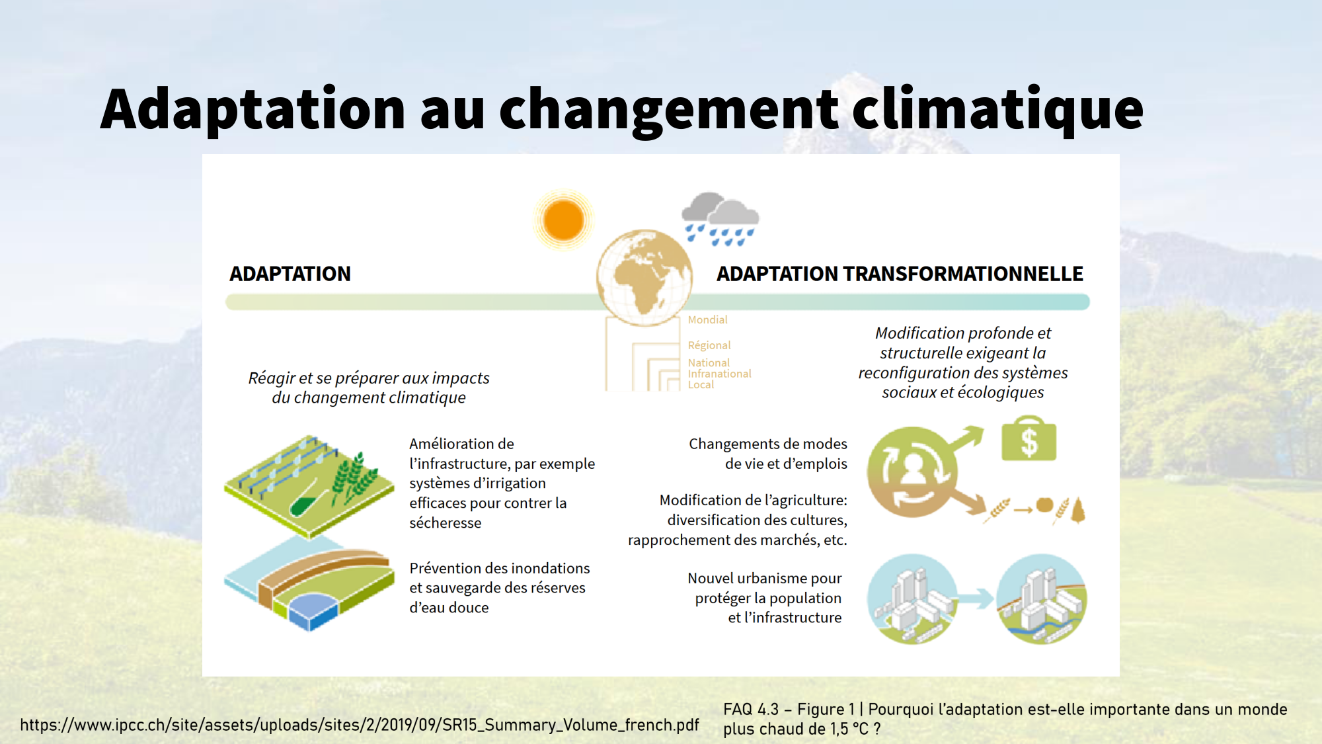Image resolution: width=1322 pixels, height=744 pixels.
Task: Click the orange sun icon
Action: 563,220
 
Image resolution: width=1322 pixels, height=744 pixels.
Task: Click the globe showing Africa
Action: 644,278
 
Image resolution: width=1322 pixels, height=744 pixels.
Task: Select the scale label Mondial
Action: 707,319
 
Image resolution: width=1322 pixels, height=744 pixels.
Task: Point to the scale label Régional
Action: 709,345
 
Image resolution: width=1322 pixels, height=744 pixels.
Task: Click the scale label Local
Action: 701,385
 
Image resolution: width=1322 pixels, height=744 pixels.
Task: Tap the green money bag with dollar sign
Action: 1029,438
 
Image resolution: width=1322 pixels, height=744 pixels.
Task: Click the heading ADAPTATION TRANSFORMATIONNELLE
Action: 900,274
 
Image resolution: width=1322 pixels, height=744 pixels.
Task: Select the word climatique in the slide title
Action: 998,109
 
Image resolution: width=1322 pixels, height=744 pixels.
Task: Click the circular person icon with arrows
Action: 913,472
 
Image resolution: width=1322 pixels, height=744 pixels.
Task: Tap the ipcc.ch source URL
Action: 360,725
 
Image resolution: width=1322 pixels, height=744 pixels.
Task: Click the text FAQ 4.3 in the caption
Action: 751,710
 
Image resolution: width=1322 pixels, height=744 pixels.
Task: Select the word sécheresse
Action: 446,523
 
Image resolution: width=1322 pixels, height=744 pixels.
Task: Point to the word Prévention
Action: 445,568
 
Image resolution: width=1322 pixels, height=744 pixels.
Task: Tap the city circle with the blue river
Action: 1041,599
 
